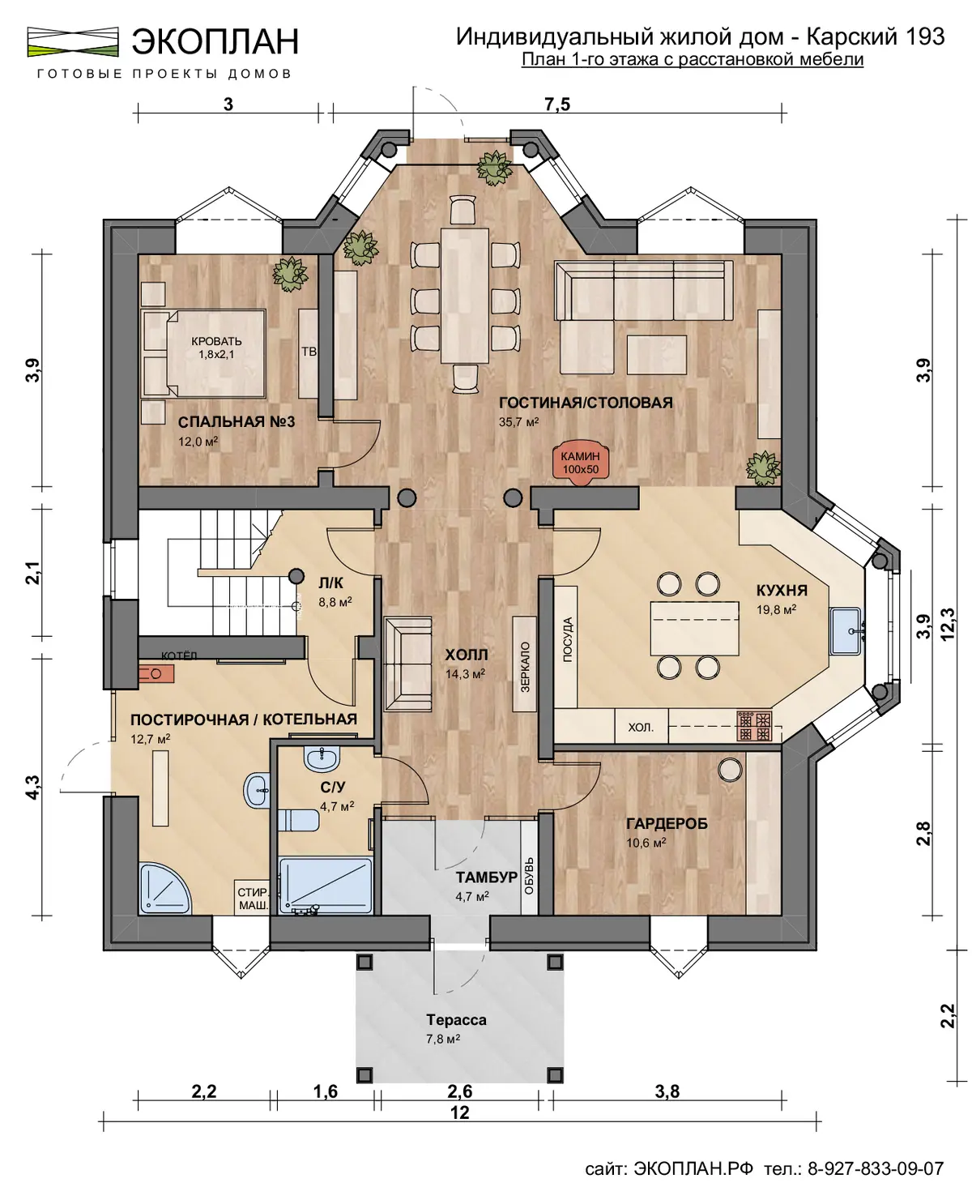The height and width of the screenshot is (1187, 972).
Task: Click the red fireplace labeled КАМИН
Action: pyautogui.click(x=580, y=463)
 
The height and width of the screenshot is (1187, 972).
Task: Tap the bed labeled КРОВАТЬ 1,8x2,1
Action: pyautogui.click(x=204, y=353)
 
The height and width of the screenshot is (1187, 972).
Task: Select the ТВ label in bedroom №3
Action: pyautogui.click(x=309, y=352)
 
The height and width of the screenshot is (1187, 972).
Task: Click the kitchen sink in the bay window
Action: pyautogui.click(x=846, y=631)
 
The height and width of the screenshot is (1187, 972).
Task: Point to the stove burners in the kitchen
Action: pyautogui.click(x=754, y=726)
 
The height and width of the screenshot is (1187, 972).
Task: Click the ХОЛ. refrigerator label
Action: pyautogui.click(x=641, y=727)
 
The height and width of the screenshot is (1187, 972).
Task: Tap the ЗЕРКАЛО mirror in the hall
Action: pyautogui.click(x=525, y=664)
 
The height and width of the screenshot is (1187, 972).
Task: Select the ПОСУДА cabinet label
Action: pyautogui.click(x=567, y=639)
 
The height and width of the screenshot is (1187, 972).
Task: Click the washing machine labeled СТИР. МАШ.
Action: pyautogui.click(x=253, y=899)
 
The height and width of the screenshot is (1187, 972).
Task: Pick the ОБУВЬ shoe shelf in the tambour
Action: pyautogui.click(x=529, y=876)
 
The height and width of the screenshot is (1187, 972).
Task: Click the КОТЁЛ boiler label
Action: pyautogui.click(x=179, y=655)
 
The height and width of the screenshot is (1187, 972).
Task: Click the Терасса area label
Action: pyautogui.click(x=456, y=1019)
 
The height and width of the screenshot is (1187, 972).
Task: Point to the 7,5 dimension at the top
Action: pyautogui.click(x=557, y=105)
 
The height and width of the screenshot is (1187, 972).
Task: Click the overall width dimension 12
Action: pyautogui.click(x=459, y=1112)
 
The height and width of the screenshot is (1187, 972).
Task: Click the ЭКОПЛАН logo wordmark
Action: pyautogui.click(x=215, y=41)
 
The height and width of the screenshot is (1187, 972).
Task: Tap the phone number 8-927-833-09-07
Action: pyautogui.click(x=875, y=1168)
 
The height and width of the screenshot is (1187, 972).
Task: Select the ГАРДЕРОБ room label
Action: pyautogui.click(x=667, y=823)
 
